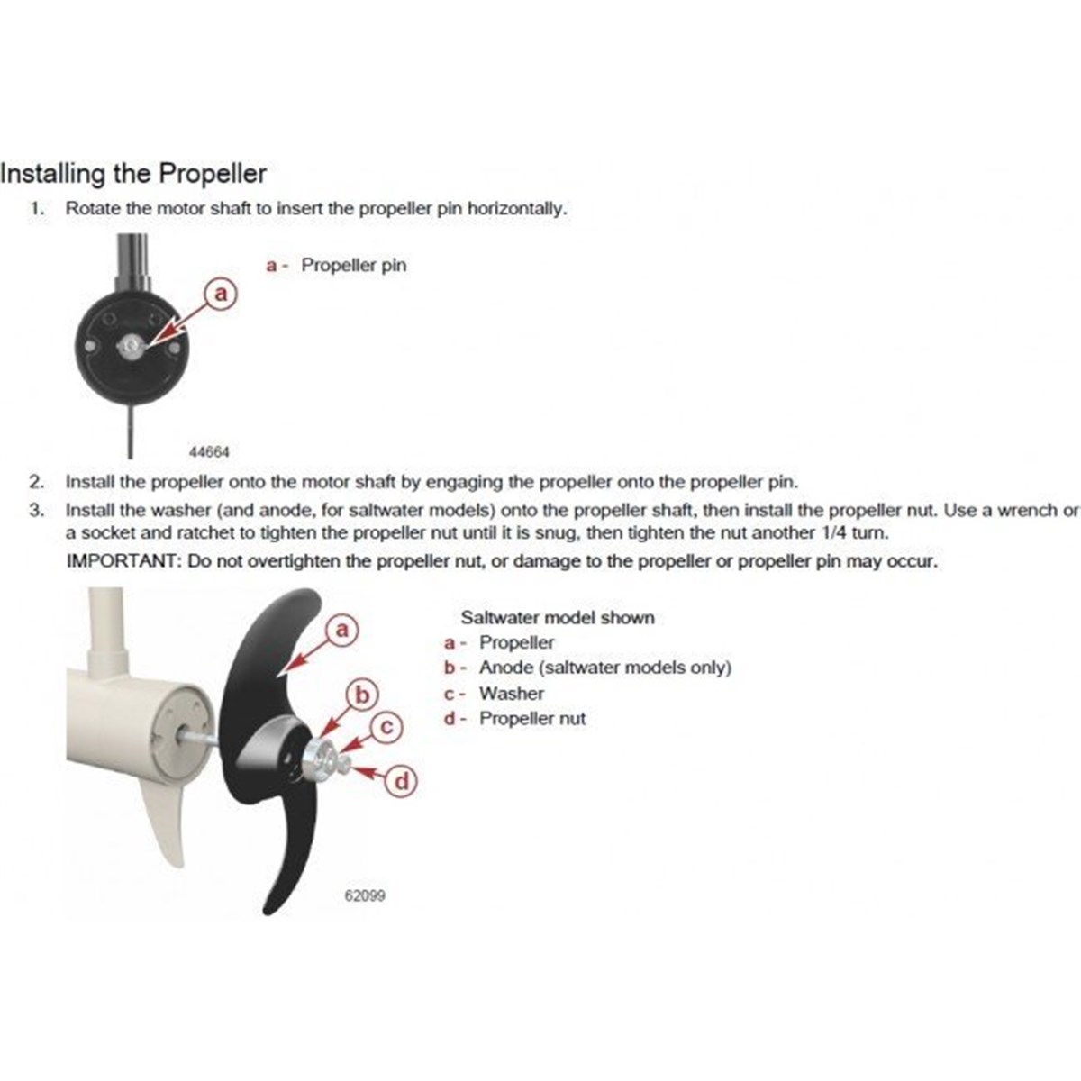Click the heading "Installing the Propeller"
(133, 173)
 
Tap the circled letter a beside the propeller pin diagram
(221, 294)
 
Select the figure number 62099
(366, 896)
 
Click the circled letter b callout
(364, 695)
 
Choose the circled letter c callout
(386, 727)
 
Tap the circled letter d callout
(402, 781)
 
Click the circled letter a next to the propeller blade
(341, 629)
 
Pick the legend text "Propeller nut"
(531, 719)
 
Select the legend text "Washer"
(512, 694)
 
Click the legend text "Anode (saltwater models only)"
(604, 668)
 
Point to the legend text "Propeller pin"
(353, 266)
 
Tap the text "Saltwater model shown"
(558, 618)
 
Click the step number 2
(36, 482)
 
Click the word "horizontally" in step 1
(516, 208)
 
